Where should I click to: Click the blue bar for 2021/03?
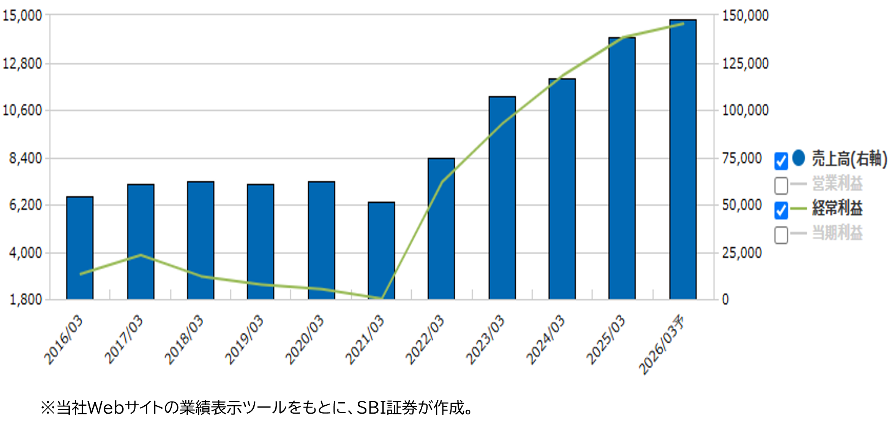pyautogui.click(x=381, y=250)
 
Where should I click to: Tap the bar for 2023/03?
pyautogui.click(x=502, y=198)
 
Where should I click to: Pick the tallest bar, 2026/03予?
pyautogui.click(x=683, y=159)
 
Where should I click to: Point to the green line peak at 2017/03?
pyautogui.click(x=141, y=255)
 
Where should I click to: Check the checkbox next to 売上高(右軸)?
pyautogui.click(x=781, y=161)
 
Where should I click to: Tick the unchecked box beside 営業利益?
pyautogui.click(x=781, y=186)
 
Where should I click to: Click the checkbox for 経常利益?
pyautogui.click(x=781, y=210)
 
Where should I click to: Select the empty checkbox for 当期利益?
pyautogui.click(x=781, y=235)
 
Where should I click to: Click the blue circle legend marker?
pyautogui.click(x=799, y=158)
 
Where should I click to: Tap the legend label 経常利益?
pyautogui.click(x=837, y=208)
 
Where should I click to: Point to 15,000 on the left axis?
pyautogui.click(x=22, y=16)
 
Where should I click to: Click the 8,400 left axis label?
pyautogui.click(x=25, y=158)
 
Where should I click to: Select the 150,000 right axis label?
pyautogui.click(x=745, y=16)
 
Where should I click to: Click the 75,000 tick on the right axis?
pyautogui.click(x=742, y=158)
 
